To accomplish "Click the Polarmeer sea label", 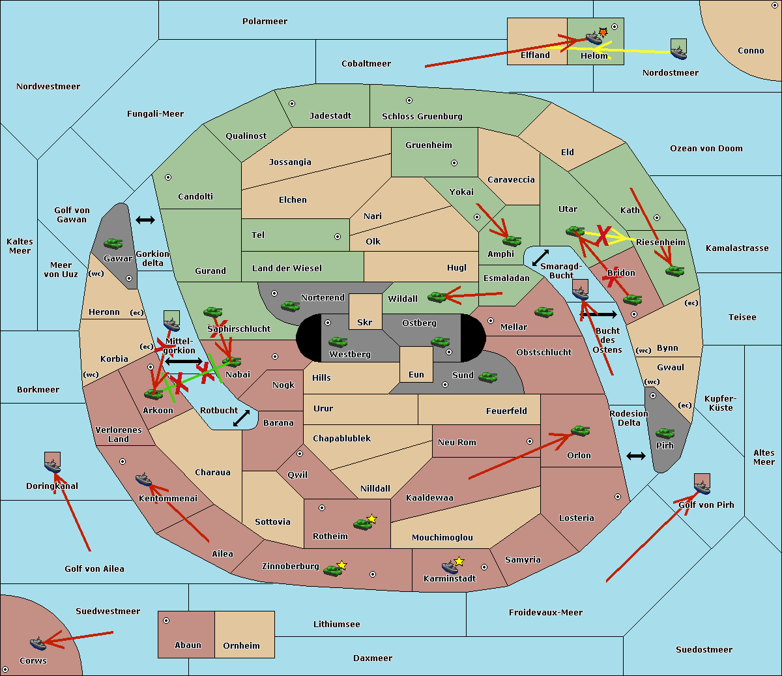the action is tap(265, 22).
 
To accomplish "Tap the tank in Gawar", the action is tap(113, 243).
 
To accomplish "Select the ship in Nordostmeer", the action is tap(679, 53).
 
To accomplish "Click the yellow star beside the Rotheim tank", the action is tap(371, 518).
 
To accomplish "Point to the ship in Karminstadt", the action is tap(450, 567).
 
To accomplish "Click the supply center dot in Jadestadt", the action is tap(292, 104).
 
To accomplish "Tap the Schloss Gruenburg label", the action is tap(422, 116).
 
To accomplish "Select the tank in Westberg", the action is tap(338, 342).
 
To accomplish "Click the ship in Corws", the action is tap(38, 643).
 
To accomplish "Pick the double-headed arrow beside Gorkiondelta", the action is tap(145, 220).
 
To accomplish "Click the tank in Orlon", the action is tap(581, 431).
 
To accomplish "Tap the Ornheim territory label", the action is tap(241, 645).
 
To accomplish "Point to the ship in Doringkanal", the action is tap(53, 466).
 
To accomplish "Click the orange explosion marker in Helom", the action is tap(603, 32).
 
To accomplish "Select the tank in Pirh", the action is tap(665, 433).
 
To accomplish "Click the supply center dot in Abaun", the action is tap(166, 621).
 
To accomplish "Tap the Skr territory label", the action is tap(364, 322).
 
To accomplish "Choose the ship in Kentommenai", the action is tap(143, 479).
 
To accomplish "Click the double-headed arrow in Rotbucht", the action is tap(241, 419).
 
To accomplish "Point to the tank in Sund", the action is tap(487, 377).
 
